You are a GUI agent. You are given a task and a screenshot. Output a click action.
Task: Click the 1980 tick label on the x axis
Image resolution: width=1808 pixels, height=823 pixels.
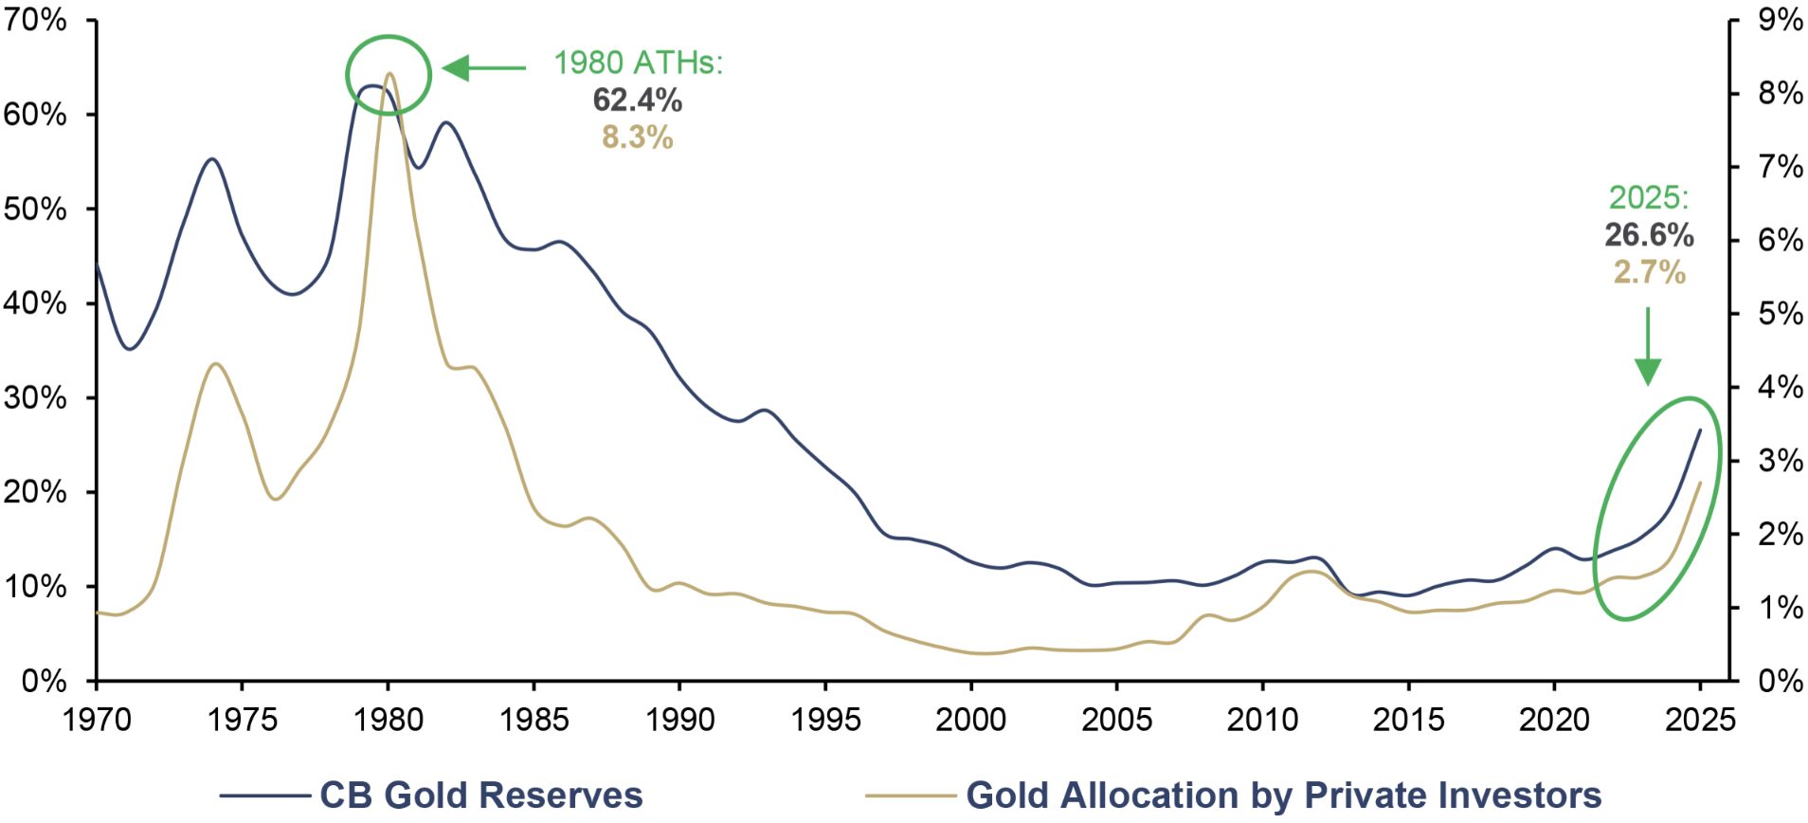[388, 720]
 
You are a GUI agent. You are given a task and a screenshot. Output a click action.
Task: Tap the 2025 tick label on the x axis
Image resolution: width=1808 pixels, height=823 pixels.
[1700, 720]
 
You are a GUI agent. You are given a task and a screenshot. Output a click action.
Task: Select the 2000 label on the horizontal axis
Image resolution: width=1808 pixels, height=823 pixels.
[970, 720]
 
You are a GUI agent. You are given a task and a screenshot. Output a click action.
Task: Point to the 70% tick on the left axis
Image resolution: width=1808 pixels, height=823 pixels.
[35, 20]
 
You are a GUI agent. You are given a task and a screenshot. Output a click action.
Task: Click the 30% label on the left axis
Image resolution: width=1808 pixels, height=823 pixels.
[35, 397]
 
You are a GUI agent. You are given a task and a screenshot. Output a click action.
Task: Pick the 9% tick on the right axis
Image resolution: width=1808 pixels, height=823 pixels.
[1779, 20]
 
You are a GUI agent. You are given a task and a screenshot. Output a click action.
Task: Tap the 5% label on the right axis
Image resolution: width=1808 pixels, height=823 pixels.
[1779, 314]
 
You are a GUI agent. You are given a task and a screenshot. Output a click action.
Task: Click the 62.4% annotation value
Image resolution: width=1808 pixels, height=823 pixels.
[637, 100]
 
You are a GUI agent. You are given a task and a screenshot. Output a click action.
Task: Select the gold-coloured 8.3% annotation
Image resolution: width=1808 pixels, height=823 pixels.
[637, 137]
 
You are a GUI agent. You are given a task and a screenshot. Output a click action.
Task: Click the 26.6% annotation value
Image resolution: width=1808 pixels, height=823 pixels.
[1649, 235]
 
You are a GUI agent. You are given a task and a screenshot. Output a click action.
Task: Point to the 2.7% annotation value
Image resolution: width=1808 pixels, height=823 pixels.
[1649, 273]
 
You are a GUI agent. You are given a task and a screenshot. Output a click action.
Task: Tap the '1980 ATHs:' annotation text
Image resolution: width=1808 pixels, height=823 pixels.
[638, 63]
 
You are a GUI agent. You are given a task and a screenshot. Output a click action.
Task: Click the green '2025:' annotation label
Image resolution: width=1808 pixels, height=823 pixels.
[1649, 197]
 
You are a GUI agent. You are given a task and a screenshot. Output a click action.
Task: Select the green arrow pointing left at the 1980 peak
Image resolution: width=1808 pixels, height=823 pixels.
[484, 68]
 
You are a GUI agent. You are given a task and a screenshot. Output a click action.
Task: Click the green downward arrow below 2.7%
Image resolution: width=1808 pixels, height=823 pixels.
[1648, 346]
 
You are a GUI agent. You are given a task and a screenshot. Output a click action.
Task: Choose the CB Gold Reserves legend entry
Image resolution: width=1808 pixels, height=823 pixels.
[432, 795]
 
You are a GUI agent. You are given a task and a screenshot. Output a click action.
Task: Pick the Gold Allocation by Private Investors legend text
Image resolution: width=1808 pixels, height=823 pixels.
[1283, 795]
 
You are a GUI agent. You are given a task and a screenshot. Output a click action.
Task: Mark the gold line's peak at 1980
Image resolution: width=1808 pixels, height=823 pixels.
[389, 74]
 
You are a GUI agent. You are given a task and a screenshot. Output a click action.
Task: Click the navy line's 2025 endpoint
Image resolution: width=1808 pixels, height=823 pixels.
[1700, 430]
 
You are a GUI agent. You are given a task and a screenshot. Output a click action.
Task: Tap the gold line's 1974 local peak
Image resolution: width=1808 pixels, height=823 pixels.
[216, 363]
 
